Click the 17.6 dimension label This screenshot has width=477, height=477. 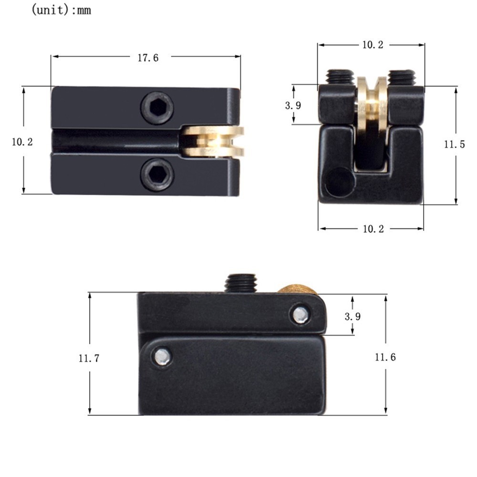pyautogui.click(x=148, y=58)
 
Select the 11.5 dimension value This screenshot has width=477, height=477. pyautogui.click(x=454, y=145)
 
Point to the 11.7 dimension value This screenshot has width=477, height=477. pyautogui.click(x=89, y=358)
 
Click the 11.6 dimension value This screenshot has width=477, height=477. pyautogui.click(x=385, y=357)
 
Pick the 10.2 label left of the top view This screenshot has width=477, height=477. pyautogui.click(x=22, y=142)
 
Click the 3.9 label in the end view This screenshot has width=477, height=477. pyautogui.click(x=293, y=106)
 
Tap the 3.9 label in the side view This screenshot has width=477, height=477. pyautogui.click(x=352, y=316)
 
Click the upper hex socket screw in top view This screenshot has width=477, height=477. pyautogui.click(x=157, y=108)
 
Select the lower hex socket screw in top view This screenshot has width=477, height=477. pyautogui.click(x=157, y=175)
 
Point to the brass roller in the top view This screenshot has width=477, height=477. pyautogui.click(x=213, y=142)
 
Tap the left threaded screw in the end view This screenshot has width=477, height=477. pyautogui.click(x=340, y=76)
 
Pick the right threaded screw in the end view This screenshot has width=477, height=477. pyautogui.click(x=402, y=76)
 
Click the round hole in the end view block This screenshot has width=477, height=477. pyautogui.click(x=339, y=182)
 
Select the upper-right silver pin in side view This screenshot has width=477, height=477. pyautogui.click(x=301, y=315)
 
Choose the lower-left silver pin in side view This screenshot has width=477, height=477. pyautogui.click(x=163, y=356)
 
